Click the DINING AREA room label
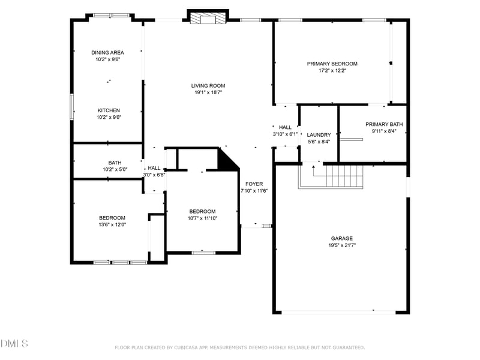tap(108, 53)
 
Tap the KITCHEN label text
tap(109, 110)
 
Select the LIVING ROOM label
tap(208, 86)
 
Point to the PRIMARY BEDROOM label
tap(332, 64)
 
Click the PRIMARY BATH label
tap(384, 124)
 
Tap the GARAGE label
tap(341, 238)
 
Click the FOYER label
tap(254, 184)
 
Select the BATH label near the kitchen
tap(115, 163)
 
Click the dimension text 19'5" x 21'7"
tap(341, 245)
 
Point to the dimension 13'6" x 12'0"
tap(112, 224)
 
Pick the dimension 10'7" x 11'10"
tap(202, 218)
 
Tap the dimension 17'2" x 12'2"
tap(332, 71)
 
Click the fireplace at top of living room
tap(208, 18)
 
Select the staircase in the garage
tap(339, 176)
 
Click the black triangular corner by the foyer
tap(226, 160)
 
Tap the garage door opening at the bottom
tap(339, 311)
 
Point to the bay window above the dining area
tap(111, 16)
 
